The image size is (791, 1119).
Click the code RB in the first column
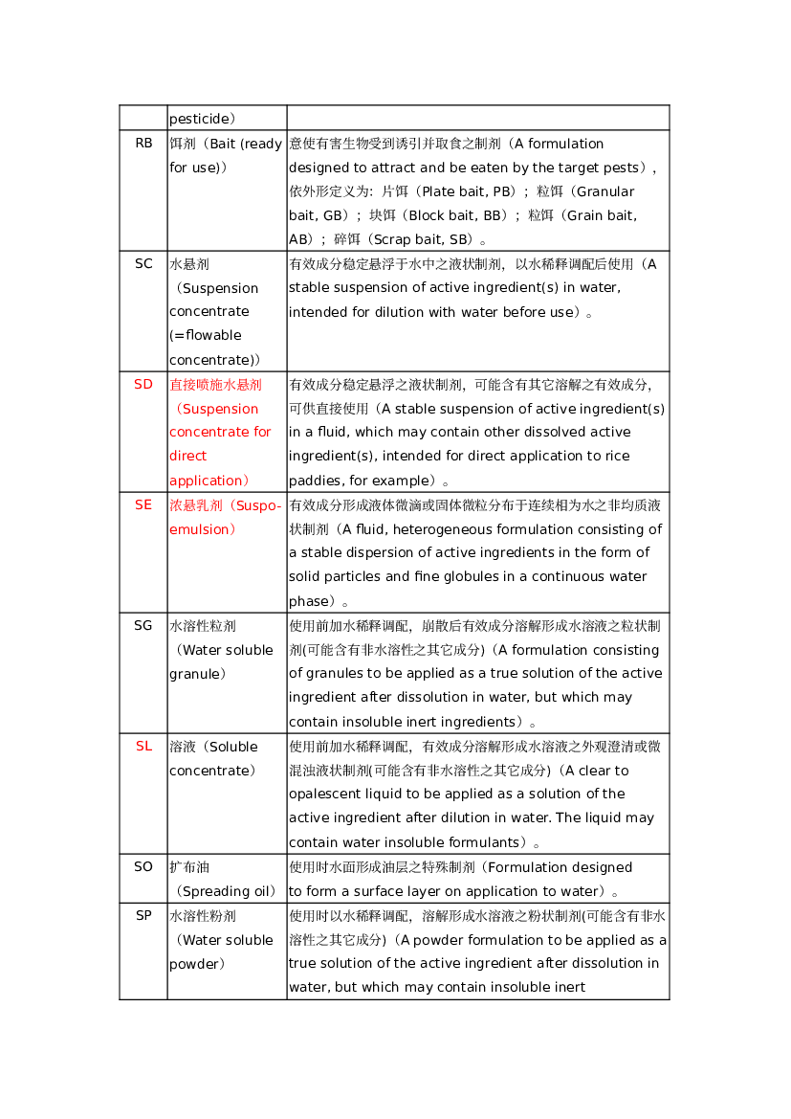[x=143, y=144]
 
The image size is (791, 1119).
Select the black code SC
[x=143, y=264]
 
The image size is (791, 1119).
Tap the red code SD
[x=143, y=385]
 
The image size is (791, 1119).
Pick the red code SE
[x=143, y=505]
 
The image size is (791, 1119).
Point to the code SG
[x=143, y=626]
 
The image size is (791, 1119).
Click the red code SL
[x=143, y=747]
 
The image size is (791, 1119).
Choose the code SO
[x=143, y=867]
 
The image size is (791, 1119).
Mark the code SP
[x=143, y=916]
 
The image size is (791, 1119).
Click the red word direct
[x=188, y=456]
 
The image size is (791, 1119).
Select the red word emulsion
[x=199, y=529]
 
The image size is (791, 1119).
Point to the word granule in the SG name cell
[x=194, y=675]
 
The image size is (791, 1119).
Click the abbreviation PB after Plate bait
[x=503, y=192]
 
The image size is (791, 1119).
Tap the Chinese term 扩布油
[x=189, y=867]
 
